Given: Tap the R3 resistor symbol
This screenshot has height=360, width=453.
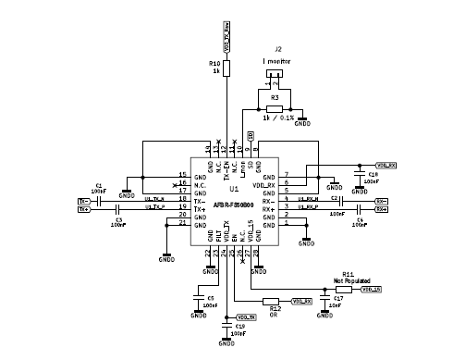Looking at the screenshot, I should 274,108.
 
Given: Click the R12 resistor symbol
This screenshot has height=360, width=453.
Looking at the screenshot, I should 271,302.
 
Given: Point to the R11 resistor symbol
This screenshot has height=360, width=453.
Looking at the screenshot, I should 343,289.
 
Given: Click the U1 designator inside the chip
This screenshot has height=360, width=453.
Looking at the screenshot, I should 233,188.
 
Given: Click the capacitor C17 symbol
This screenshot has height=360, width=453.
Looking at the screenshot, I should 324,300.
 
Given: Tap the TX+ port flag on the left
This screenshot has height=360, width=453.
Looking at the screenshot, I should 84,209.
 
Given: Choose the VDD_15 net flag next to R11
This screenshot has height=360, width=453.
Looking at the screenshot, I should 371,289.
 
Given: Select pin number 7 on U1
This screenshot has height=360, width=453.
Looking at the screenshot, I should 287,174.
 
